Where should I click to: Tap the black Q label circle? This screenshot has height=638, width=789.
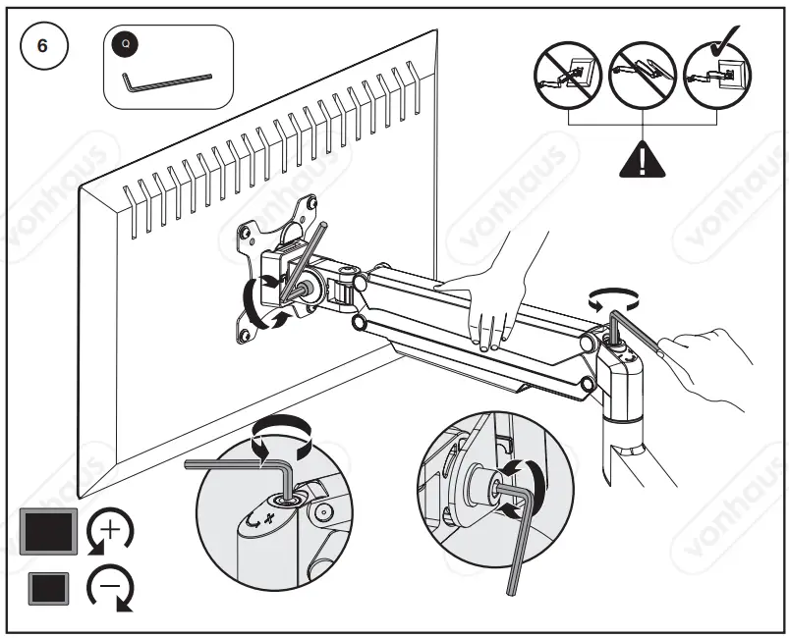tap(126, 43)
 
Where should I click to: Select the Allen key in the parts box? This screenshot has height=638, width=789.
tap(167, 83)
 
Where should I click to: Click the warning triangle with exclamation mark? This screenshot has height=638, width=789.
tap(643, 158)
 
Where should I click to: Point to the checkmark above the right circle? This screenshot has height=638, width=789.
tap(728, 36)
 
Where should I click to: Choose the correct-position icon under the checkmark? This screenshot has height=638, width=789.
tap(717, 76)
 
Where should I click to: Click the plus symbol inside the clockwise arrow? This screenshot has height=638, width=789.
tap(110, 531)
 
